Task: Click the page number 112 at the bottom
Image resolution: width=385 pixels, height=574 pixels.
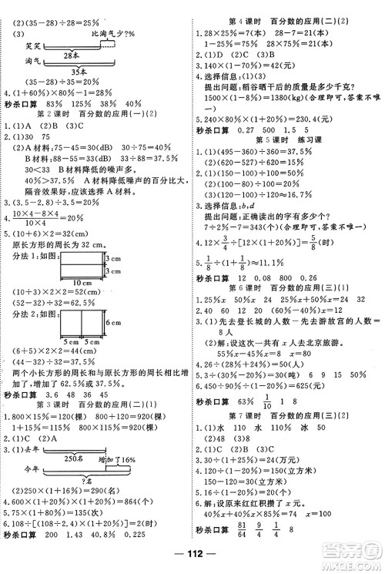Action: click(192, 560)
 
